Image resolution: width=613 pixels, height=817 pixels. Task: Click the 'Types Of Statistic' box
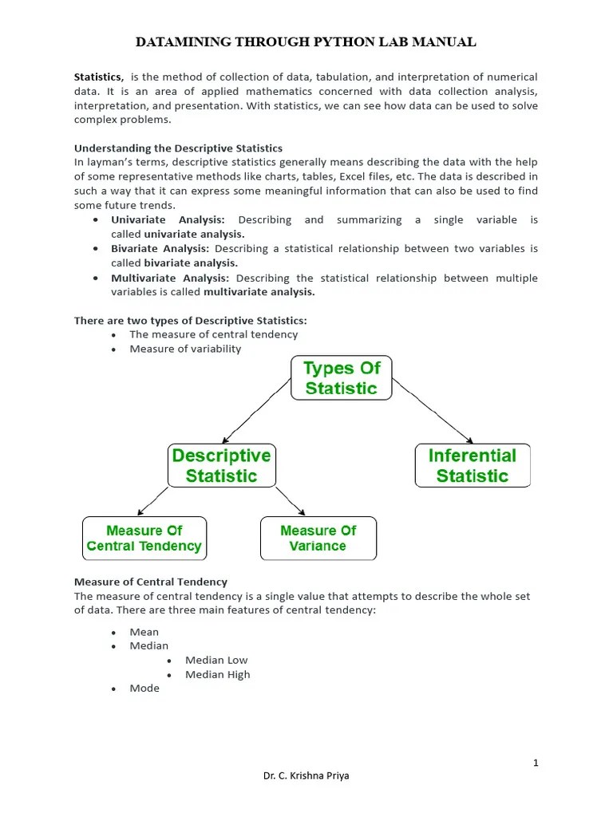[341, 378]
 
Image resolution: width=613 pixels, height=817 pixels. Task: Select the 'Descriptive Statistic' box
[221, 466]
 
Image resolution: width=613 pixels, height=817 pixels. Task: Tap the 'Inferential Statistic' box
[473, 466]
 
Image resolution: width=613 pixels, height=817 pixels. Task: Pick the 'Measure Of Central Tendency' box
[144, 539]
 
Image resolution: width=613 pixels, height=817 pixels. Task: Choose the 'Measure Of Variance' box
[318, 539]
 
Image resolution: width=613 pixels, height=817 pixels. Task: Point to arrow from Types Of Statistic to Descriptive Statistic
[257, 410]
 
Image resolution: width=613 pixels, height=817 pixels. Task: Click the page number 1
[536, 763]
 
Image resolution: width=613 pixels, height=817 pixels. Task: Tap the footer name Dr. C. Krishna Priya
[306, 776]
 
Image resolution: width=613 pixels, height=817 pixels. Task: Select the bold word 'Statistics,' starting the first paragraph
[98, 77]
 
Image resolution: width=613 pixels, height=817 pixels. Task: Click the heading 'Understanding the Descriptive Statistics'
[178, 148]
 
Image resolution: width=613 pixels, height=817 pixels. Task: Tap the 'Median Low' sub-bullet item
[216, 660]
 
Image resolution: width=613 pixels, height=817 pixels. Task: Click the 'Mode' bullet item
[144, 688]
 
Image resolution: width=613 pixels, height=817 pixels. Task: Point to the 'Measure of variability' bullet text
[185, 349]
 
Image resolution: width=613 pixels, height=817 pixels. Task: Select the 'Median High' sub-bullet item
[217, 674]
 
